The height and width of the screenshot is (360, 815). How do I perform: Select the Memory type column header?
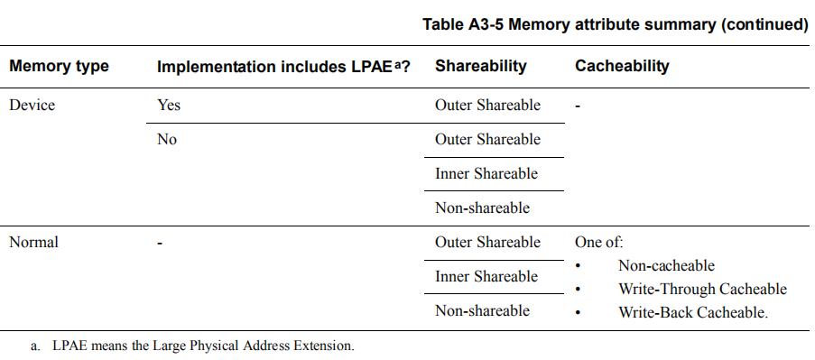59,67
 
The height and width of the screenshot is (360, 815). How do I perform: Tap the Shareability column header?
480,67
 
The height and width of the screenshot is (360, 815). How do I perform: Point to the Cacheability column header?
622,67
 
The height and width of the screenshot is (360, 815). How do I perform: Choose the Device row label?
32,106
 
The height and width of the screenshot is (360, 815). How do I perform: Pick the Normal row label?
33,243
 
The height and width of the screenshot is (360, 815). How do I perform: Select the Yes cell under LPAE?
169,106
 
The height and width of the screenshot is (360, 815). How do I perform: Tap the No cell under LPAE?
167,140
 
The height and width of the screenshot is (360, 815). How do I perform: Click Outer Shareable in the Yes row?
487,106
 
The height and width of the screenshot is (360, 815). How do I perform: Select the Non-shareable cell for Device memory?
482,208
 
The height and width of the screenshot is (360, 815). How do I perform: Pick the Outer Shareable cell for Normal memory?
487,243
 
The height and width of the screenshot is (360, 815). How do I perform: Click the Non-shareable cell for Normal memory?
482,311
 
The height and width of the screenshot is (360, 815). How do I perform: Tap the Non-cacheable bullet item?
666,266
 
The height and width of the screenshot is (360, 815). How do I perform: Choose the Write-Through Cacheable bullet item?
702,290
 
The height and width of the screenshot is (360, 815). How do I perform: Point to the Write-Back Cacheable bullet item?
693,313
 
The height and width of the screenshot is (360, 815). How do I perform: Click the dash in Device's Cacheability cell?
578,106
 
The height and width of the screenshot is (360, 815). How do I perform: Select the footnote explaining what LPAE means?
202,345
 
